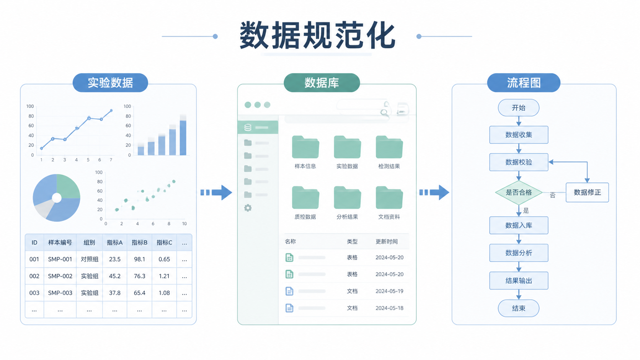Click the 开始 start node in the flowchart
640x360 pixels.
[x=519, y=108]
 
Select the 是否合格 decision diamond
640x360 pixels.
[x=519, y=192]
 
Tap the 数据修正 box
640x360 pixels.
[x=587, y=192]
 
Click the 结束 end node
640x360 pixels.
[x=519, y=308]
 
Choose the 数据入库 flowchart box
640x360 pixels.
[x=519, y=225]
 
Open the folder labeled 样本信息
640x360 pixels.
[x=305, y=147]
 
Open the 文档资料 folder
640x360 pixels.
[x=389, y=197]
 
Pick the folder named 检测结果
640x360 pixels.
[x=389, y=147]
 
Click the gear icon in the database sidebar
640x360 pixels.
[x=248, y=208]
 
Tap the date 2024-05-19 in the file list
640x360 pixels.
[x=389, y=291]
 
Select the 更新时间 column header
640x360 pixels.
[x=386, y=241]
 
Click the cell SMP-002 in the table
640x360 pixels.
[x=60, y=276]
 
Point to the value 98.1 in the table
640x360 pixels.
[x=139, y=259]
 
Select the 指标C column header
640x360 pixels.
[x=164, y=243]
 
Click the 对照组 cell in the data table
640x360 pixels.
[x=90, y=259]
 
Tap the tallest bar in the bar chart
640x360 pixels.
[x=183, y=138]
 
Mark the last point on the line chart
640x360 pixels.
[x=111, y=111]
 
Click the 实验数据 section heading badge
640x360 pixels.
[x=110, y=83]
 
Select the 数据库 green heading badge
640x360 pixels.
[x=322, y=83]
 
